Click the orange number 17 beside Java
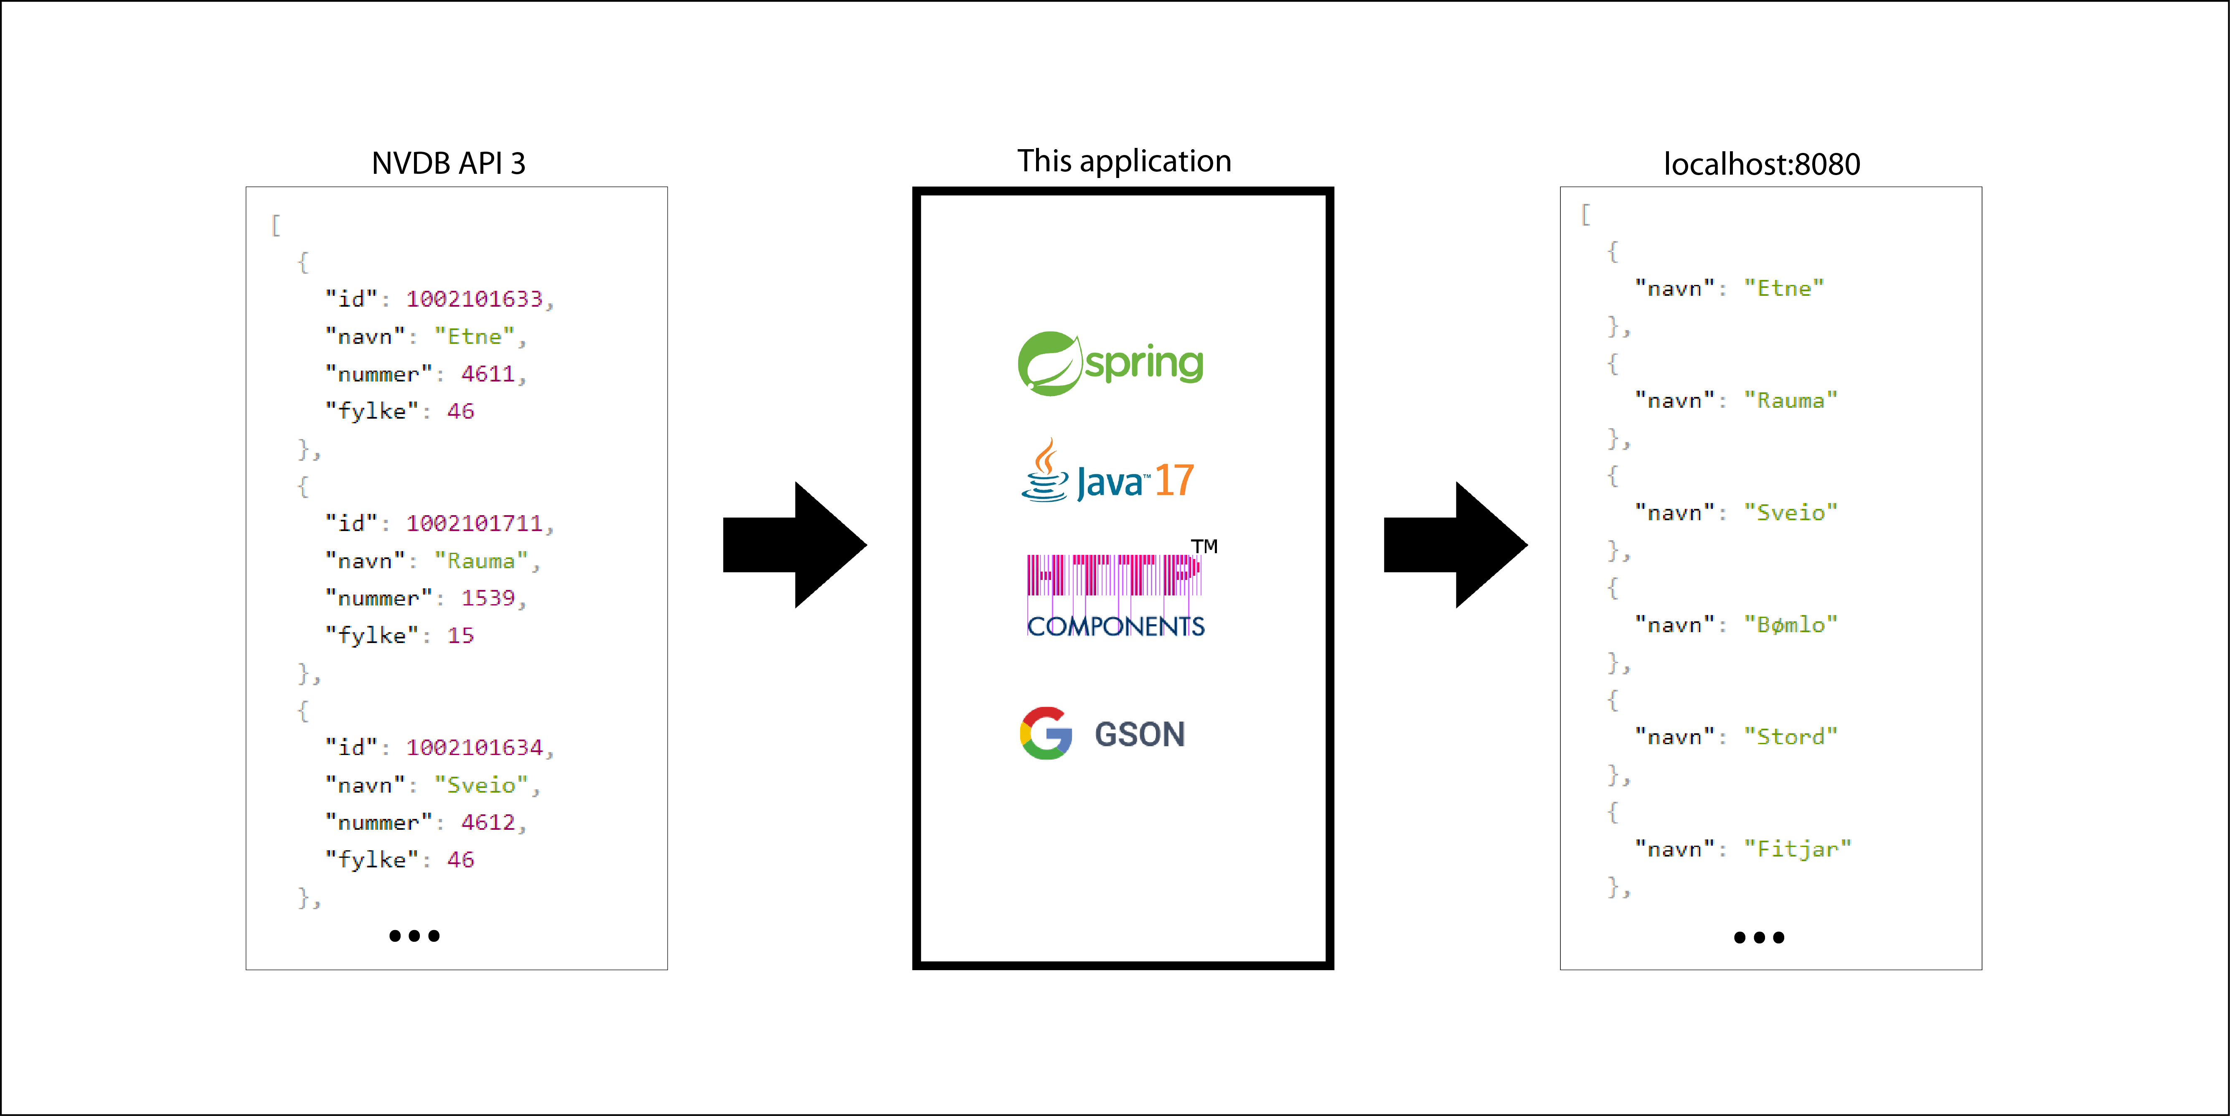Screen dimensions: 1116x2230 click(x=1174, y=480)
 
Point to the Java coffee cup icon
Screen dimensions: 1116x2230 click(x=1045, y=472)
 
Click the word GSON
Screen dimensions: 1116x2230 click(x=1139, y=734)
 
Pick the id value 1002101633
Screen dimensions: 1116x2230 click(x=475, y=299)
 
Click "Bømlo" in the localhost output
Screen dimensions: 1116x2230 click(x=1790, y=624)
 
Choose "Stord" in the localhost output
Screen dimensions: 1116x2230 click(x=1790, y=737)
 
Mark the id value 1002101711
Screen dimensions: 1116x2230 click(x=475, y=523)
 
